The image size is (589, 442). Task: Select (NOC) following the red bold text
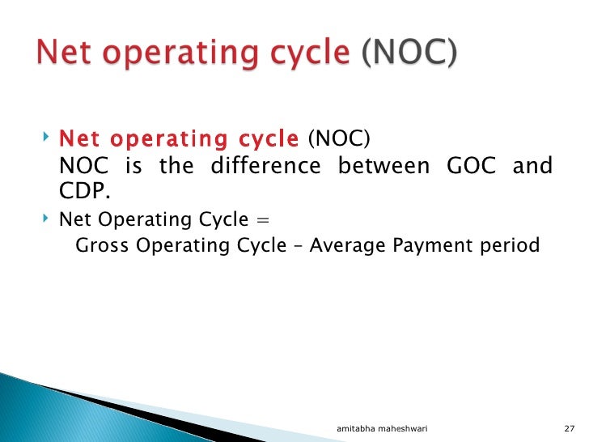pos(338,139)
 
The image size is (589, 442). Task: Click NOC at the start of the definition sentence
pos(85,167)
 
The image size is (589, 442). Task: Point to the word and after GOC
pos(534,167)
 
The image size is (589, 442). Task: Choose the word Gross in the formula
pos(102,244)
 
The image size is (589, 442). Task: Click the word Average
pos(347,244)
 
